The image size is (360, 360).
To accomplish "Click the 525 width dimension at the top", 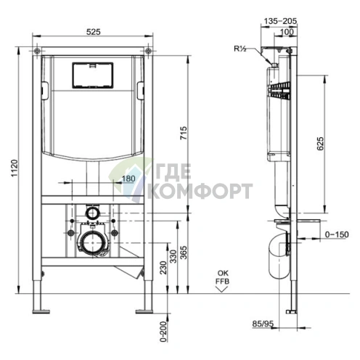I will click(x=91, y=33).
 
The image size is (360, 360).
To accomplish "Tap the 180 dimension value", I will click(x=129, y=179).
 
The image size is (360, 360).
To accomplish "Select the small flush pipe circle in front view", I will click(x=92, y=214).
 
